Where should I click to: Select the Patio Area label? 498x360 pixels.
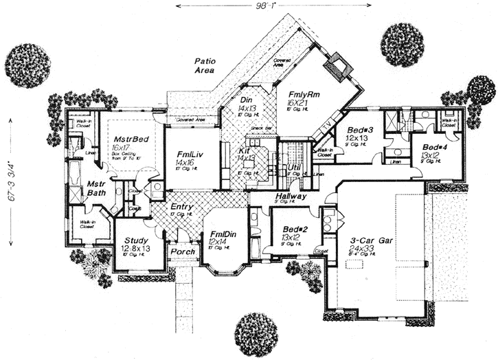pyautogui.click(x=205, y=65)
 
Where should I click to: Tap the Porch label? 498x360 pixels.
pyautogui.click(x=183, y=251)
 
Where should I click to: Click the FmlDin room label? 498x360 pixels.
pyautogui.click(x=223, y=236)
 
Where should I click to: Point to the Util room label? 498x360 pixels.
pyautogui.click(x=295, y=167)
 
